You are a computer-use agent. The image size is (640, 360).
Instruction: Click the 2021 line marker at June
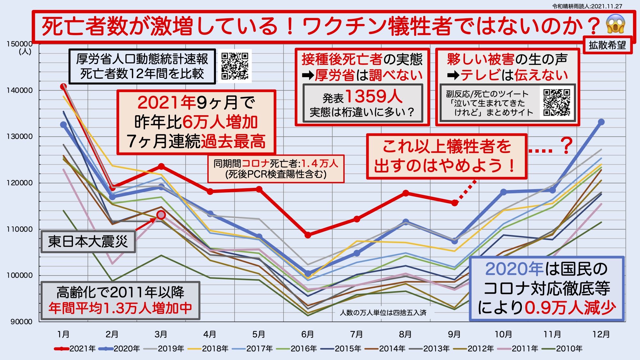click(x=308, y=235)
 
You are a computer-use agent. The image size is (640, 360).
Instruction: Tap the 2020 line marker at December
click(x=601, y=122)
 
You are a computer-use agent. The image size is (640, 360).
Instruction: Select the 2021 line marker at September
click(x=454, y=203)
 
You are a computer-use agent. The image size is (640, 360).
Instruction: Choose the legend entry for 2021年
click(x=75, y=348)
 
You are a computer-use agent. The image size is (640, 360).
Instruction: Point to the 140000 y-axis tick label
click(x=20, y=90)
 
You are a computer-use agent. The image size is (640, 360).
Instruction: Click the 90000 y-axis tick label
click(x=21, y=322)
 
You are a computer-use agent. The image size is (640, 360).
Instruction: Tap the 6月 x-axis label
click(x=308, y=334)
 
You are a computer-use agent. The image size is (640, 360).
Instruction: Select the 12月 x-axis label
click(x=601, y=334)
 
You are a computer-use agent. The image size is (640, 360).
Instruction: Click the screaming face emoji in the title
click(x=615, y=24)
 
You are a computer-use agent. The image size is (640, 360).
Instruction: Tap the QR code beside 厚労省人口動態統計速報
click(x=235, y=66)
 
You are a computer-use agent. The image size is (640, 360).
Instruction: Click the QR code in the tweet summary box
click(x=556, y=102)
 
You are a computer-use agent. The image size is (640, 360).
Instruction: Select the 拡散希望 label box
click(x=607, y=45)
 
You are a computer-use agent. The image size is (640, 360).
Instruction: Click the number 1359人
click(x=373, y=96)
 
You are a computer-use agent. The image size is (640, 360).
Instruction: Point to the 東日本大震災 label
click(x=88, y=241)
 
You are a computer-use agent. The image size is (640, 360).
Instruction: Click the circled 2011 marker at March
click(x=161, y=215)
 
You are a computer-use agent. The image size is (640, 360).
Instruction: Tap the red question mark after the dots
click(x=566, y=146)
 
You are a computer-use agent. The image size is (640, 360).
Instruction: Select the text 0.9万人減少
click(x=570, y=308)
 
